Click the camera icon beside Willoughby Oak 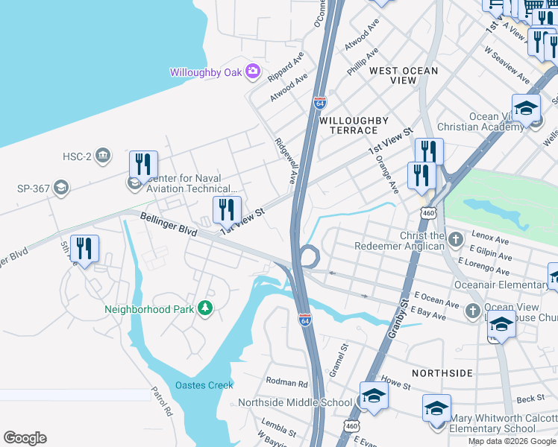coord(253,72)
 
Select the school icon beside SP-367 coord(61,188)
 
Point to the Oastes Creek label coord(204,385)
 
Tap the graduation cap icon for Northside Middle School coord(374,397)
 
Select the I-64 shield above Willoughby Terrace coord(319,102)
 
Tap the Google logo coord(25,438)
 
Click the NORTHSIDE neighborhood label coord(442,372)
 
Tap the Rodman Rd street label coord(286,384)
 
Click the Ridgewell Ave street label coord(286,159)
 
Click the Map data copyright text coord(512,441)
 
